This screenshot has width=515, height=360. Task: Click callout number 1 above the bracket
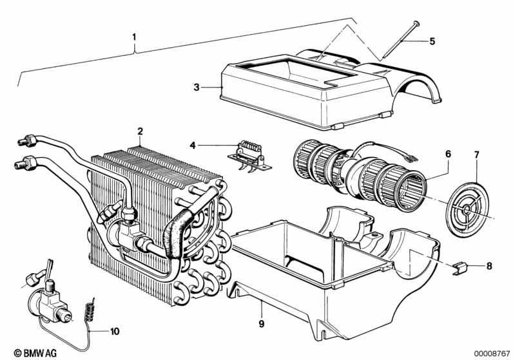(x=133, y=37)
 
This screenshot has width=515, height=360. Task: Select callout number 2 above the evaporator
(x=141, y=131)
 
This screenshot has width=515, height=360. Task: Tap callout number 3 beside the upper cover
(x=197, y=88)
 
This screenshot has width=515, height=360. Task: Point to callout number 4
(x=193, y=145)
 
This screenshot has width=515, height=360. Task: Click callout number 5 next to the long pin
(x=432, y=41)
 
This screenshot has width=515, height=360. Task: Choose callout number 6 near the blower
(x=448, y=154)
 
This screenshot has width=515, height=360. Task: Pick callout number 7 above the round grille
(x=476, y=154)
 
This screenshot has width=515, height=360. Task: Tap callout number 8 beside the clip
(x=489, y=266)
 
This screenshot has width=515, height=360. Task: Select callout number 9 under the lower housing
(x=262, y=324)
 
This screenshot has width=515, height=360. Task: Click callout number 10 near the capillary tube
(x=115, y=332)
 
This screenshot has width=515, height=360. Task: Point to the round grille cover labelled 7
(x=467, y=209)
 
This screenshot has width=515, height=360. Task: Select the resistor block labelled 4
(x=249, y=158)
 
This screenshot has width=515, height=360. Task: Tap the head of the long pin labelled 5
(x=417, y=23)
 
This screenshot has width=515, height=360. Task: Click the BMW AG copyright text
(x=35, y=353)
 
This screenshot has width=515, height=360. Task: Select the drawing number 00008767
(x=491, y=353)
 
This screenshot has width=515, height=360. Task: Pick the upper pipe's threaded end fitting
(x=27, y=140)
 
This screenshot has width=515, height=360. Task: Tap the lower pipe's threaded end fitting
(x=25, y=163)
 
